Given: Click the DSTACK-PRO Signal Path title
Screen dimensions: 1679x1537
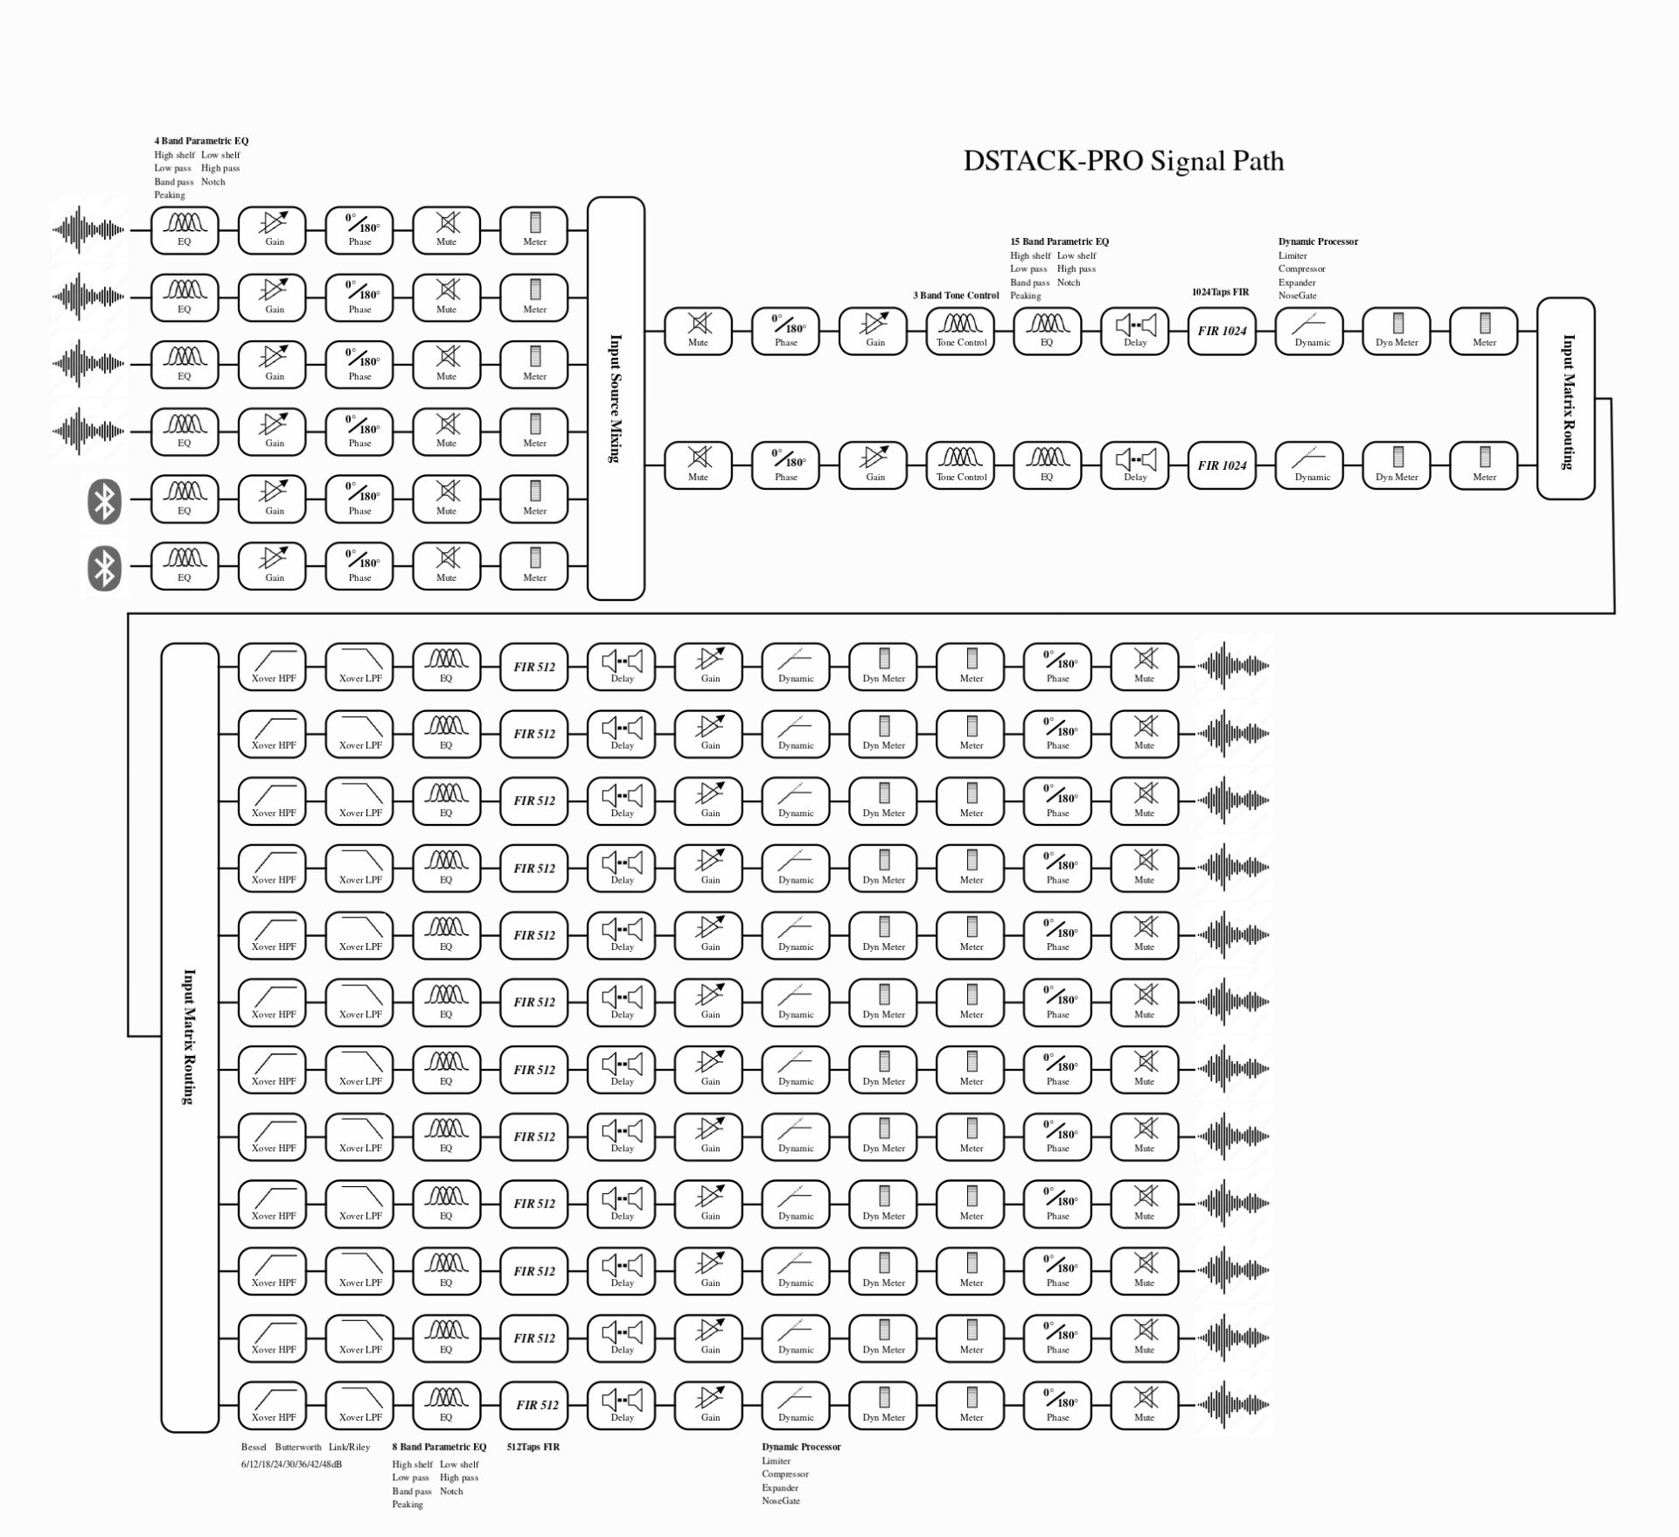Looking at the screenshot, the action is click(1124, 161).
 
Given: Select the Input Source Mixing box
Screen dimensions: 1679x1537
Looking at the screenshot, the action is click(616, 398).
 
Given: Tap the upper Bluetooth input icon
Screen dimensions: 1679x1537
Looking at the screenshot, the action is click(104, 501).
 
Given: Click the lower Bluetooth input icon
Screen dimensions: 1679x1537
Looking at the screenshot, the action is click(104, 568).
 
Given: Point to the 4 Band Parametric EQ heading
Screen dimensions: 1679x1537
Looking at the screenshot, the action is click(201, 141).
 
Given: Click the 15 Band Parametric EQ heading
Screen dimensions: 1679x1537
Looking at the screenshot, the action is click(1059, 241).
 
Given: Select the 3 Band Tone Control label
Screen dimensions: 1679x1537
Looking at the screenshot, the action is click(956, 296).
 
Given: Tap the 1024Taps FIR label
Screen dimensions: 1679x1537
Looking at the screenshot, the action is click(1220, 292).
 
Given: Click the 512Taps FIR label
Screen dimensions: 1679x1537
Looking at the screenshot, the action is click(533, 1447).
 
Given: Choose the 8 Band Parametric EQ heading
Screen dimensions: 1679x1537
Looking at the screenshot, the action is click(439, 1447).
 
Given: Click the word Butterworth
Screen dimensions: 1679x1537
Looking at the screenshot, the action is click(298, 1447).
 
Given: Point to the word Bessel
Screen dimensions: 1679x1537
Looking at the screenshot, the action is click(254, 1447).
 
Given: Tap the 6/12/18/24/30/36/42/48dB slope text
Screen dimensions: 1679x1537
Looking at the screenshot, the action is click(291, 1464).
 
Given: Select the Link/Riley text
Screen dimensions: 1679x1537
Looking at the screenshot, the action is click(350, 1447).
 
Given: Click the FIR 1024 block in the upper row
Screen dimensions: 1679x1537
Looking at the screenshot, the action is click(1222, 331).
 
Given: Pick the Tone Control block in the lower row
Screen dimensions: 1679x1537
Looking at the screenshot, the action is click(960, 465).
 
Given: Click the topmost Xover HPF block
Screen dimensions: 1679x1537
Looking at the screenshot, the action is click(273, 667).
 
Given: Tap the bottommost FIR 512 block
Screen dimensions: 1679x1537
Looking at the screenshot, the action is click(534, 1405).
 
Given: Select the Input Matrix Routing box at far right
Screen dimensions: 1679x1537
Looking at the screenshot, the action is click(1565, 398).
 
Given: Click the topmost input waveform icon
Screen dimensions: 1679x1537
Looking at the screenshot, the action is click(87, 230).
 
